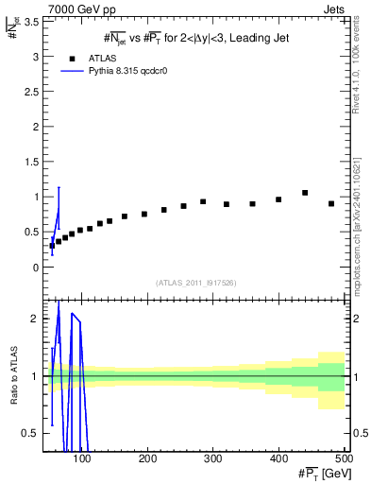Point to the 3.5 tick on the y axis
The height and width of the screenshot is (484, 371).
click(36, 22)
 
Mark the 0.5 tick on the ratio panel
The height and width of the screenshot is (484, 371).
click(36, 433)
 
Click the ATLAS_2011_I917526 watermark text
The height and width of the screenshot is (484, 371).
click(196, 283)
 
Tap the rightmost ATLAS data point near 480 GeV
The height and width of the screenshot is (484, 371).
click(330, 203)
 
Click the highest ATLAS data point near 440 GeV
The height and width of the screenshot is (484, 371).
click(305, 193)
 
